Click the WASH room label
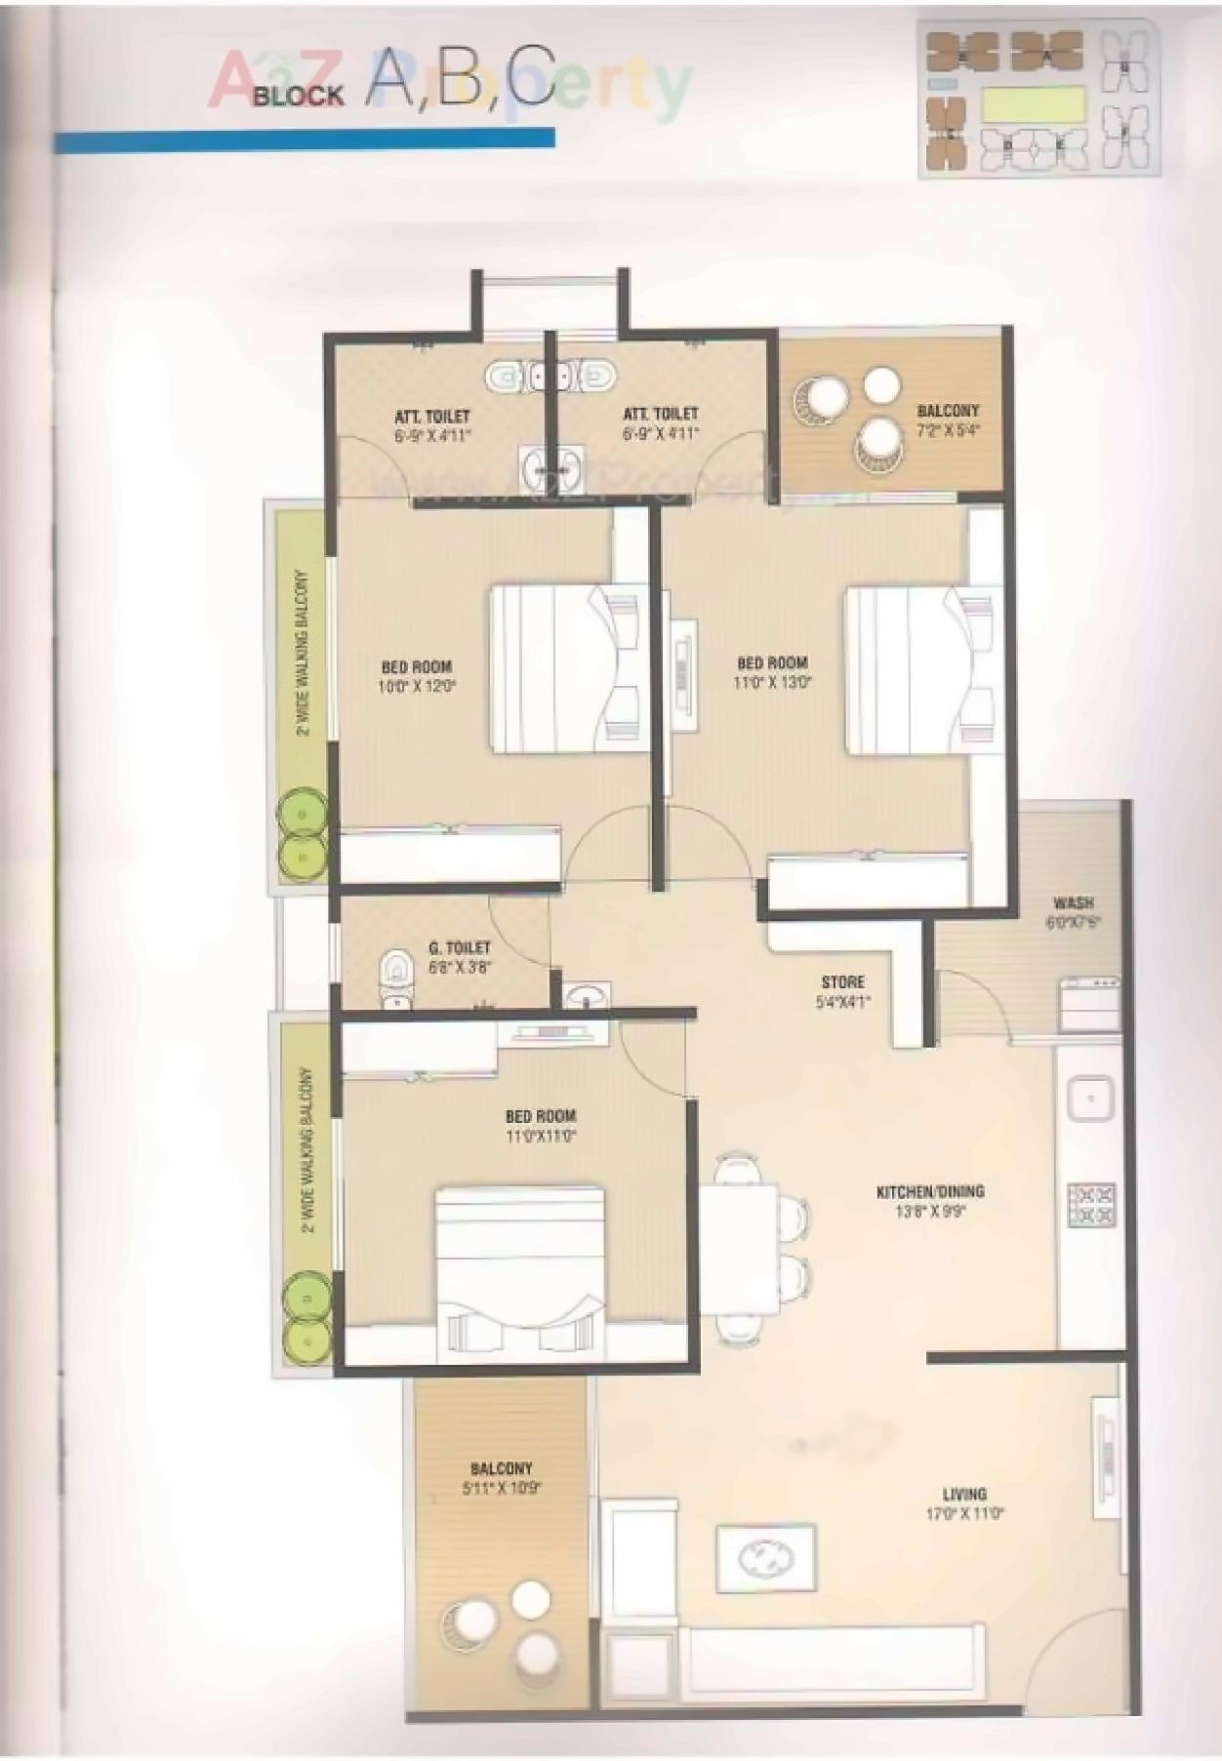(1073, 902)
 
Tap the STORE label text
(842, 981)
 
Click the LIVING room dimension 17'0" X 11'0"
(964, 1515)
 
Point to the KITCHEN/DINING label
(929, 1191)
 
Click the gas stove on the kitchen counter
(1090, 1205)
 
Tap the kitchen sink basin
(1089, 1099)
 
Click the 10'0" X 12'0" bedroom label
(418, 676)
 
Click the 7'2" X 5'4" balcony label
(947, 420)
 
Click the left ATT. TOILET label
(432, 425)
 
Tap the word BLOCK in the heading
(299, 96)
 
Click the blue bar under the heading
(304, 140)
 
